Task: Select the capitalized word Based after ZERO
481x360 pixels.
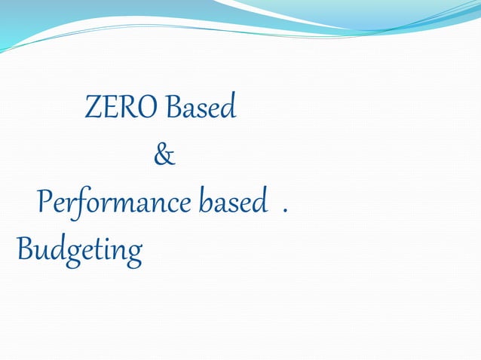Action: (x=201, y=108)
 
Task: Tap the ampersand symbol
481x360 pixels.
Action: (x=164, y=155)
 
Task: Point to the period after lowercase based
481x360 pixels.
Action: (x=284, y=209)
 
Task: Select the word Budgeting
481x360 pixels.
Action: (x=79, y=249)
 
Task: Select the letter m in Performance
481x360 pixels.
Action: (x=124, y=205)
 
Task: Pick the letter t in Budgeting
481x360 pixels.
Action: (x=99, y=248)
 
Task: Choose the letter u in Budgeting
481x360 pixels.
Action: (x=41, y=250)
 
